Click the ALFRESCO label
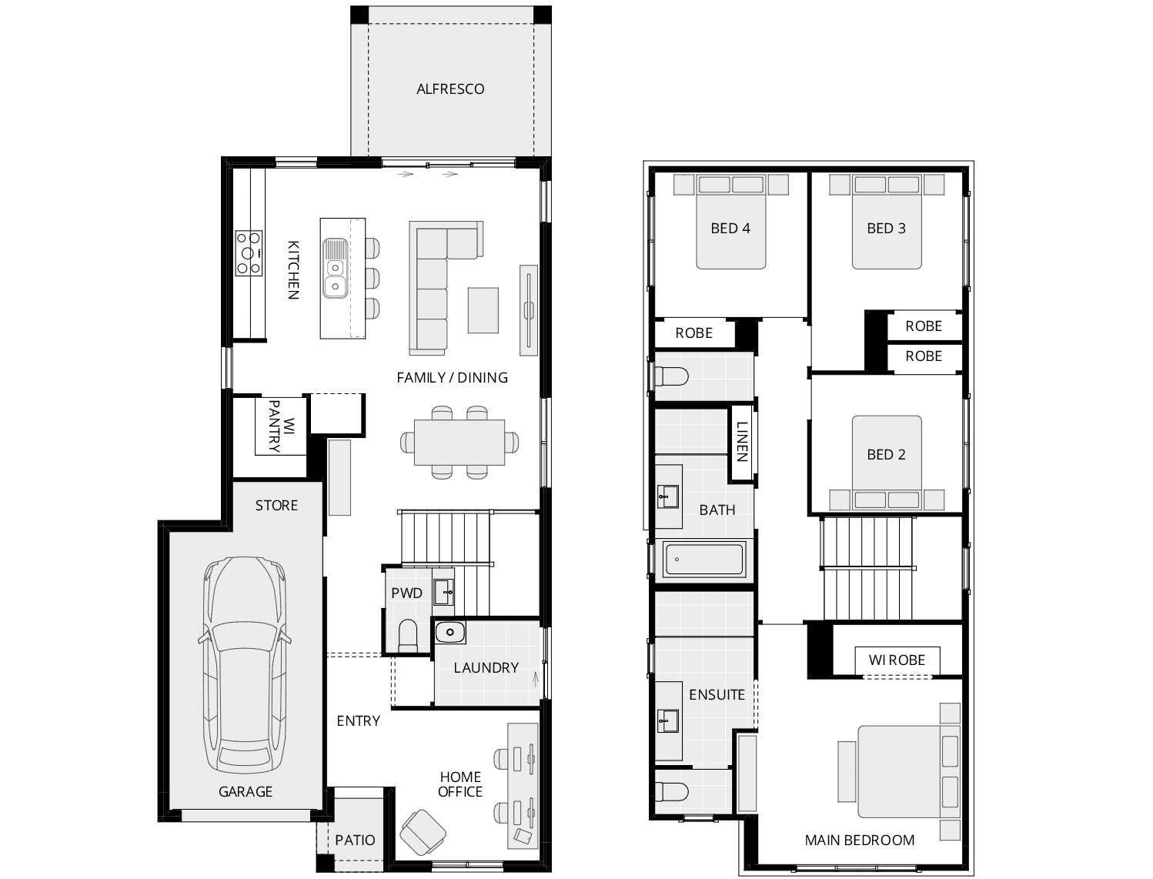click(450, 89)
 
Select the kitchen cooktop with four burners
click(249, 252)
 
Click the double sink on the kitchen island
click(335, 268)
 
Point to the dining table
click(459, 443)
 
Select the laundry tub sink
click(449, 632)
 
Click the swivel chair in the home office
click(421, 834)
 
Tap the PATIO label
click(355, 840)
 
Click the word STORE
click(276, 506)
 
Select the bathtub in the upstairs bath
click(703, 560)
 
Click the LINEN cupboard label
click(741, 442)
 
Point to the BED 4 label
click(730, 229)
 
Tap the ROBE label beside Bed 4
click(693, 333)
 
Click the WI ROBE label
click(897, 660)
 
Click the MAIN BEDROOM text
click(859, 841)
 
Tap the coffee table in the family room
click(483, 310)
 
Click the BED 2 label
click(886, 455)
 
